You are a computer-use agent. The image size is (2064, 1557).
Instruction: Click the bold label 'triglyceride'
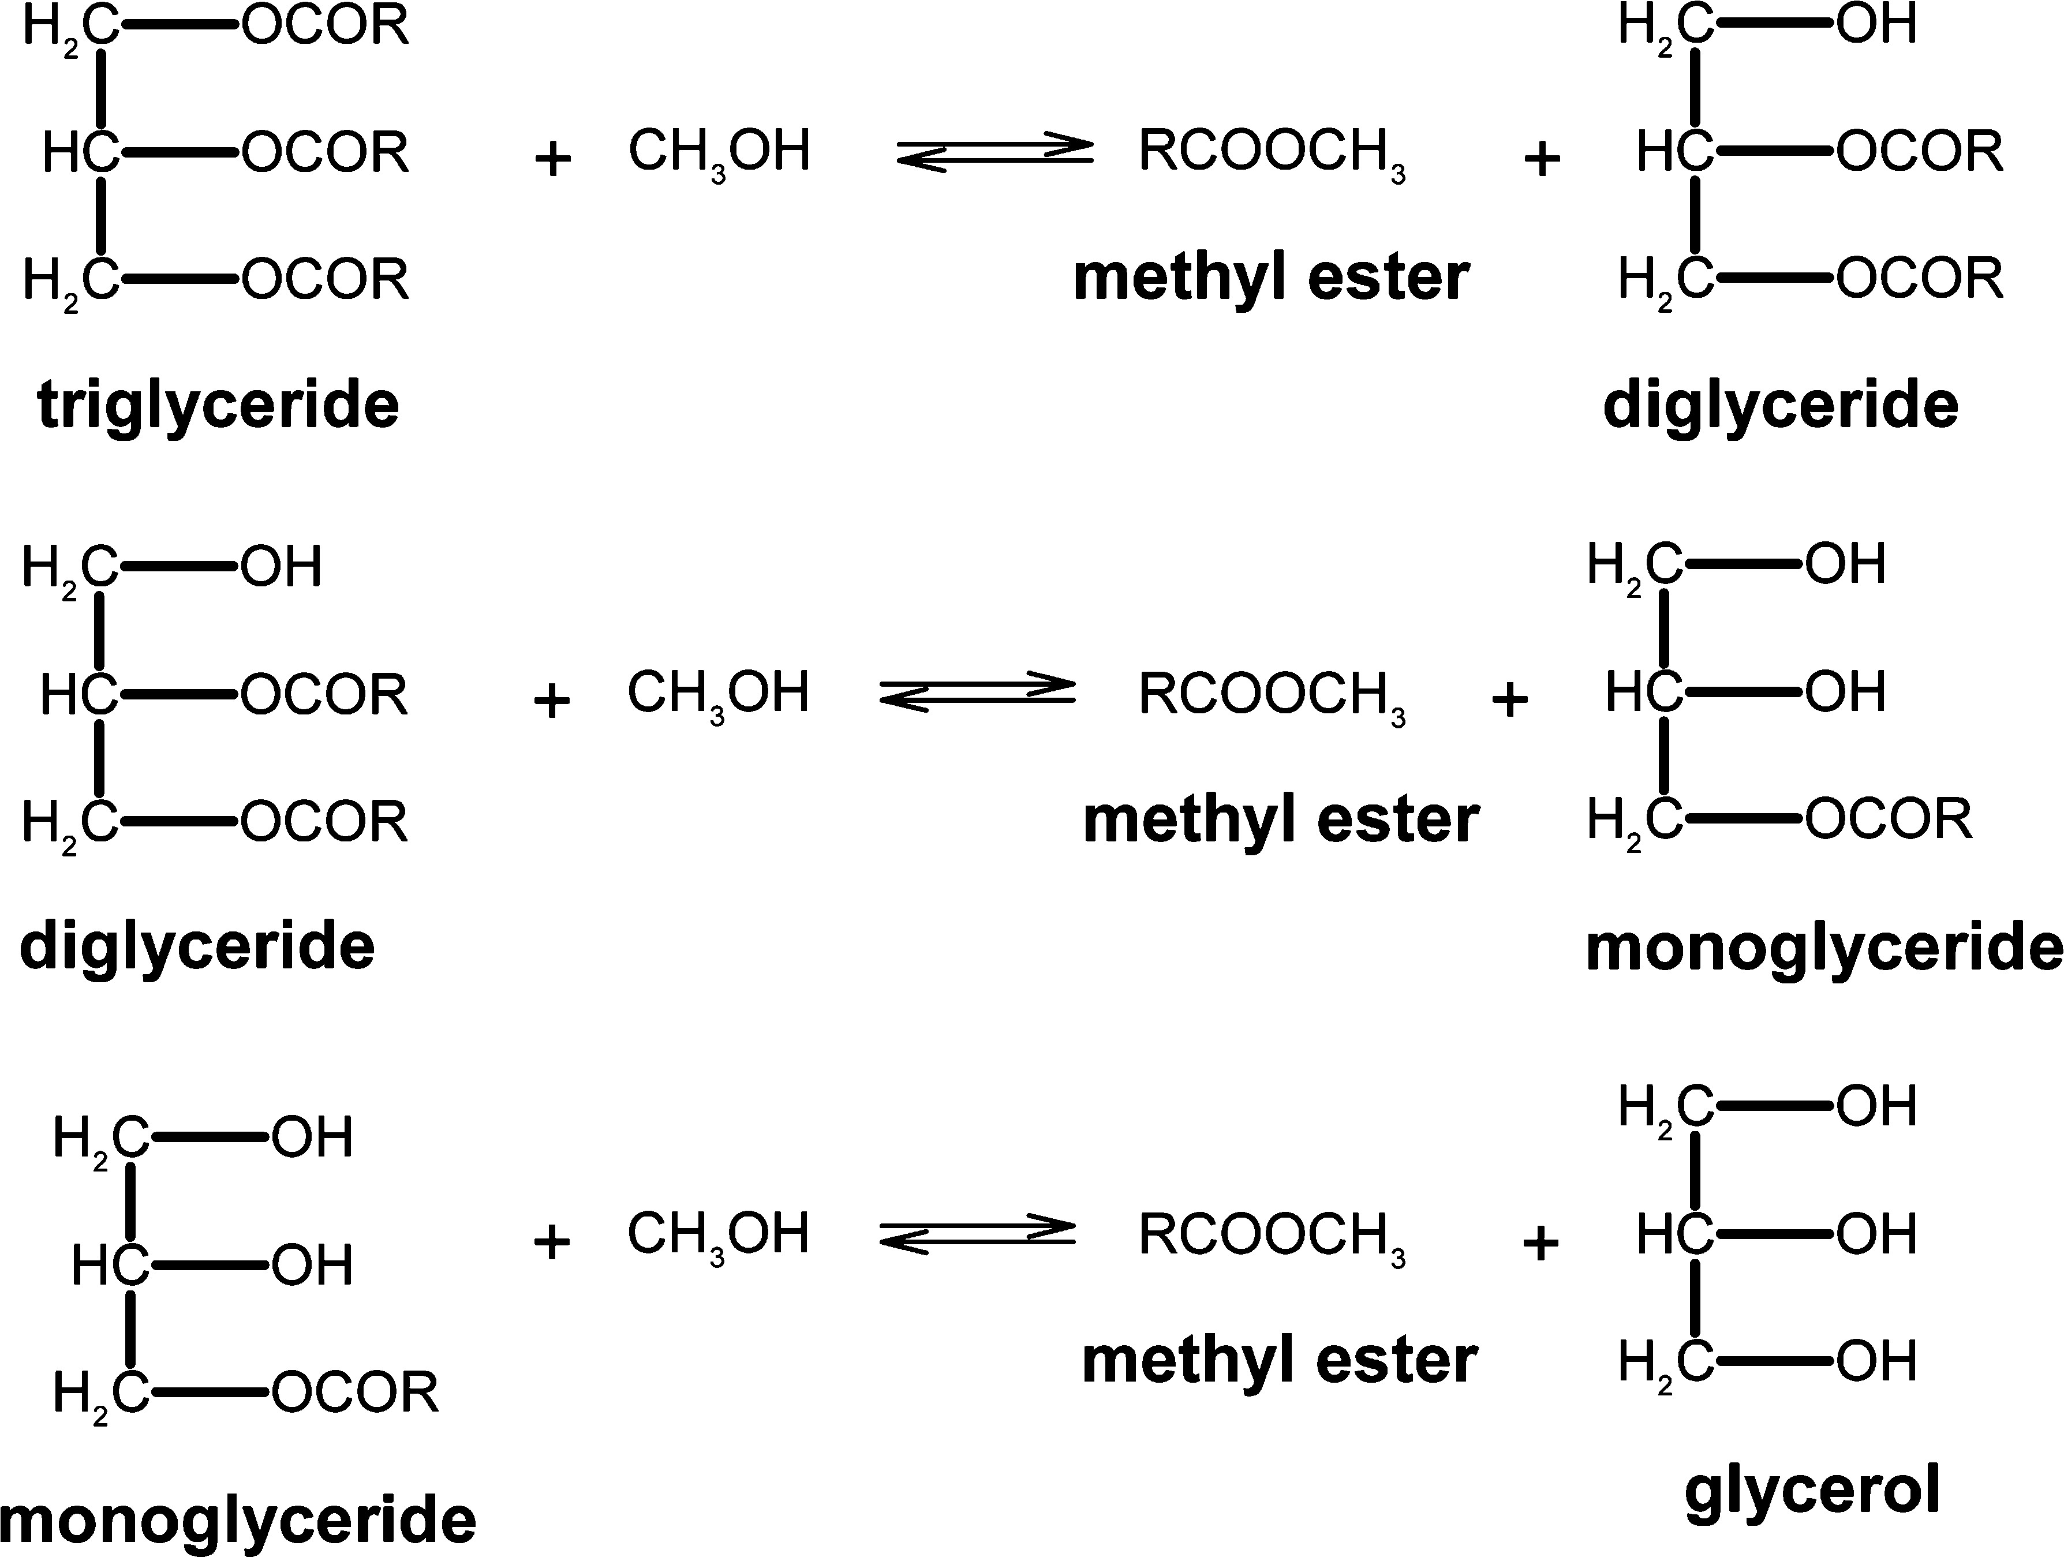click(218, 406)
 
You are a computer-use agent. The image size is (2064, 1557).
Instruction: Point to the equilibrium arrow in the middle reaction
click(978, 693)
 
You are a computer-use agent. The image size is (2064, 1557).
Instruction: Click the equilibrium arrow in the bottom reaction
click(978, 1235)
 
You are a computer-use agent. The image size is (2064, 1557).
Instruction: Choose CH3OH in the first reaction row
click(719, 152)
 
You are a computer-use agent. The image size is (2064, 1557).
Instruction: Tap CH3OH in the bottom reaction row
click(717, 1235)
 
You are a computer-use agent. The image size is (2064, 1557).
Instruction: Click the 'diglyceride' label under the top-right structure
click(1781, 406)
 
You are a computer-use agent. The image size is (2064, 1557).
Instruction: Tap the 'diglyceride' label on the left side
click(197, 947)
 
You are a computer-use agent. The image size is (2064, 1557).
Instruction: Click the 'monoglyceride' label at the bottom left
click(239, 1521)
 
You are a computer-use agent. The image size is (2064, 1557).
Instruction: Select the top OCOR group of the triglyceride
click(326, 26)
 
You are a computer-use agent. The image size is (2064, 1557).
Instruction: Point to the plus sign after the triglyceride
click(552, 159)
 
